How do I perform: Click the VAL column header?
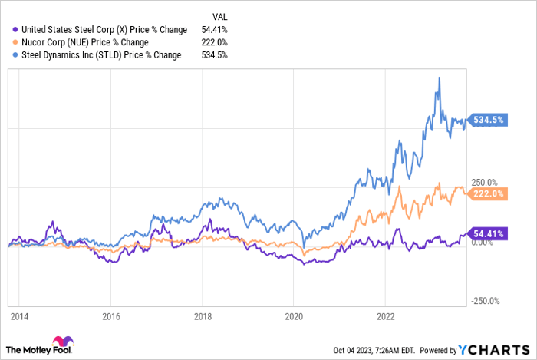pos(219,15)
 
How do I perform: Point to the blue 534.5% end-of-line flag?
pos(489,120)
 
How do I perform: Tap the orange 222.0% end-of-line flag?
pos(489,193)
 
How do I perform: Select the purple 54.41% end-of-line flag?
pos(489,233)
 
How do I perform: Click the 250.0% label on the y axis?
pos(485,182)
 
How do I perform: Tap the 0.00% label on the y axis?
pos(483,243)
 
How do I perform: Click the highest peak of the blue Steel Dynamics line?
pos(438,78)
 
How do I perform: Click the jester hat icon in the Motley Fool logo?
pos(62,342)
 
